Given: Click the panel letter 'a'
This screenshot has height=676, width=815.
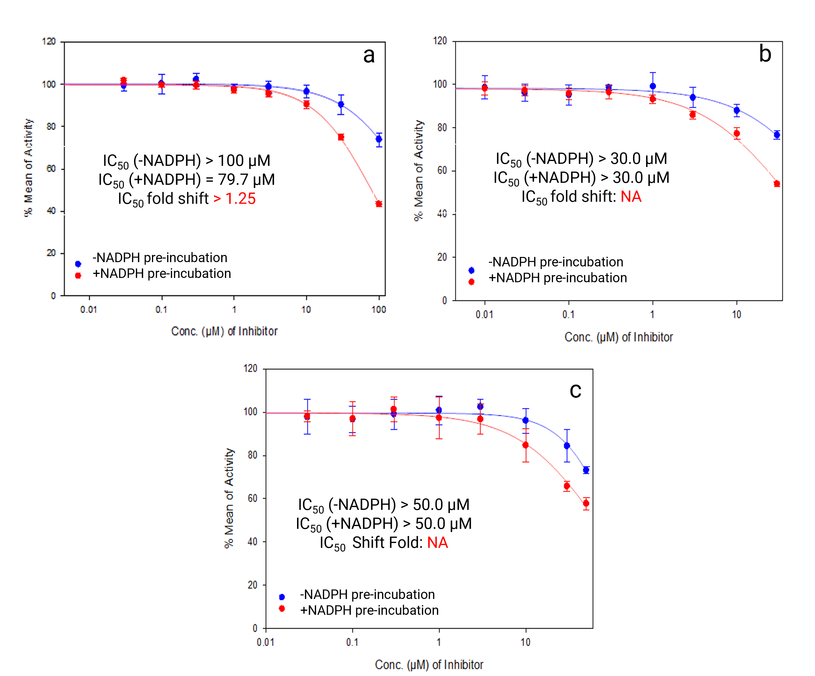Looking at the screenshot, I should click(x=369, y=55).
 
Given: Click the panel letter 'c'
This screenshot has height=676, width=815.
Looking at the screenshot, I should click(x=575, y=390).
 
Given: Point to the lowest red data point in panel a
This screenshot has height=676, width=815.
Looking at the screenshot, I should click(x=379, y=204).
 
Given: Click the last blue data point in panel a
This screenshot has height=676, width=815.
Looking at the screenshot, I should click(x=379, y=139).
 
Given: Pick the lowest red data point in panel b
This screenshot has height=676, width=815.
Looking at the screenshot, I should click(x=777, y=184).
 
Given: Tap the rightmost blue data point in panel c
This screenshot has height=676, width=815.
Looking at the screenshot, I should click(x=586, y=470).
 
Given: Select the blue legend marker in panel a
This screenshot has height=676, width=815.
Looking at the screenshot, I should click(x=78, y=264).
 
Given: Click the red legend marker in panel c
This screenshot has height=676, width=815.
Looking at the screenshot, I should click(x=282, y=609).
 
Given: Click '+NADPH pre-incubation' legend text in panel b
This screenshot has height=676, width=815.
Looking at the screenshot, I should click(x=557, y=278).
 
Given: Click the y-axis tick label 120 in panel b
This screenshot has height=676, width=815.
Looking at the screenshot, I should click(x=440, y=41).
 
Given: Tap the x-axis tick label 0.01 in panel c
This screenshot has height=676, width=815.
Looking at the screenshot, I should click(x=265, y=642).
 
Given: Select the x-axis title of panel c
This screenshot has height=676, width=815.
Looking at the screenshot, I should click(x=429, y=665).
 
